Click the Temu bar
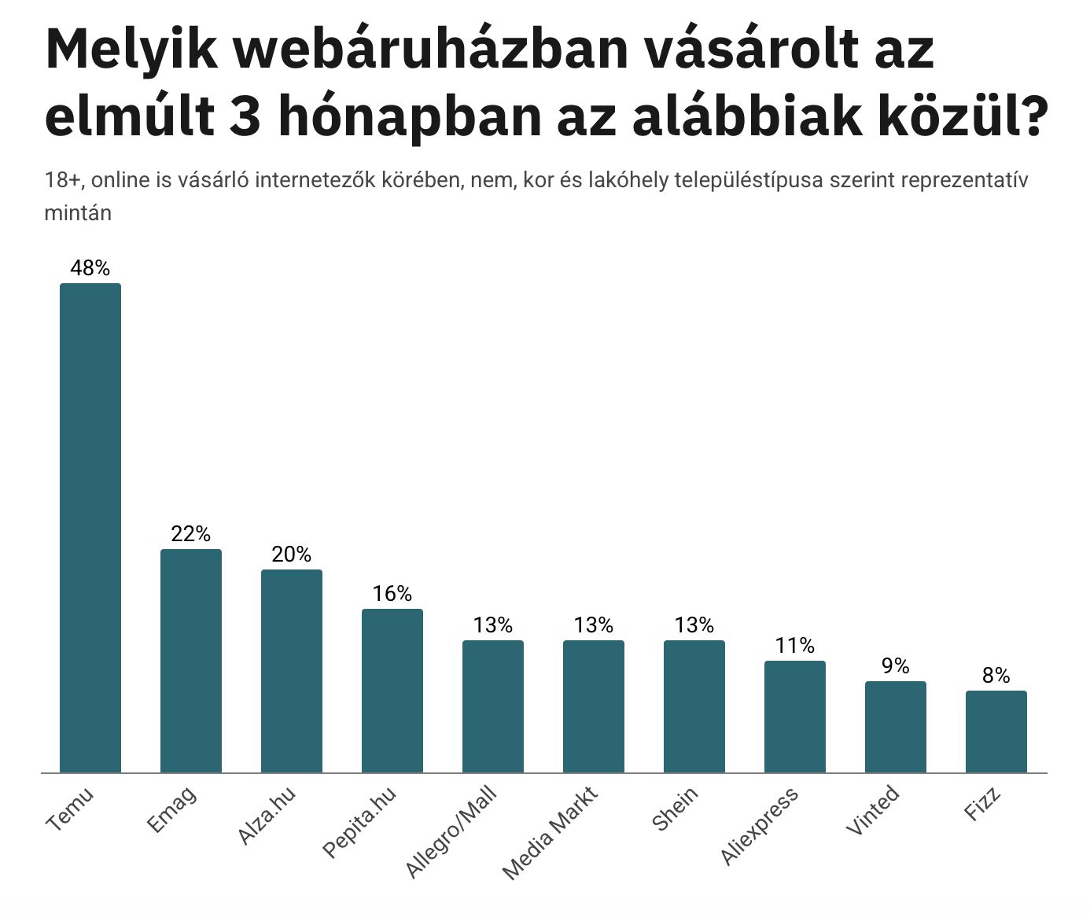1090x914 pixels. click(90, 528)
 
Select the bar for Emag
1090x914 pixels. click(191, 661)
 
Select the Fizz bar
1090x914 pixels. click(996, 732)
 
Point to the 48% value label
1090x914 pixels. click(90, 268)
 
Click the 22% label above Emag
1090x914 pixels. click(191, 534)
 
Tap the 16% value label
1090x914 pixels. click(392, 594)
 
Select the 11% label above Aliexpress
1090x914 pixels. click(795, 646)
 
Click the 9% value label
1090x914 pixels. click(896, 666)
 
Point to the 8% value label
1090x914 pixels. click(996, 676)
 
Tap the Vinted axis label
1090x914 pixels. click(872, 811)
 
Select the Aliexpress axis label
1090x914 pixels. click(760, 826)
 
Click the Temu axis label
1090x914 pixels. click(71, 809)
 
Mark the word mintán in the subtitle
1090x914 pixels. click(78, 212)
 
